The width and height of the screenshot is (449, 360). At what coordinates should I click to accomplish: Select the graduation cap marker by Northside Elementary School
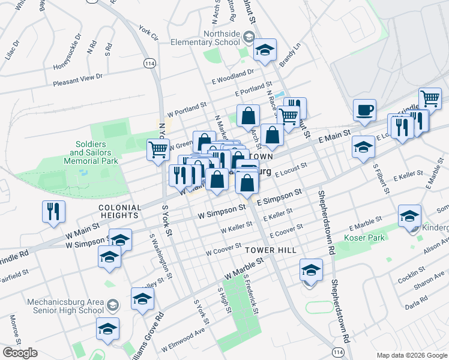pyautogui.click(x=264, y=51)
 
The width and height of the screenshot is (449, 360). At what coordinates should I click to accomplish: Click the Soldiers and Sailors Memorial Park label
pyautogui.click(x=92, y=154)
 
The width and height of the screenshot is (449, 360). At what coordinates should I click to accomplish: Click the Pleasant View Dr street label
pyautogui.click(x=78, y=79)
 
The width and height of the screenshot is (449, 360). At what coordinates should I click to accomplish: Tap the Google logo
pyautogui.click(x=20, y=353)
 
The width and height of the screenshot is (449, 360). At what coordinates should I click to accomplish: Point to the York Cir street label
pyautogui.click(x=148, y=32)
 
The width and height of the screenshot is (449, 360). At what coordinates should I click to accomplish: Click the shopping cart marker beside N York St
pyautogui.click(x=158, y=150)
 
